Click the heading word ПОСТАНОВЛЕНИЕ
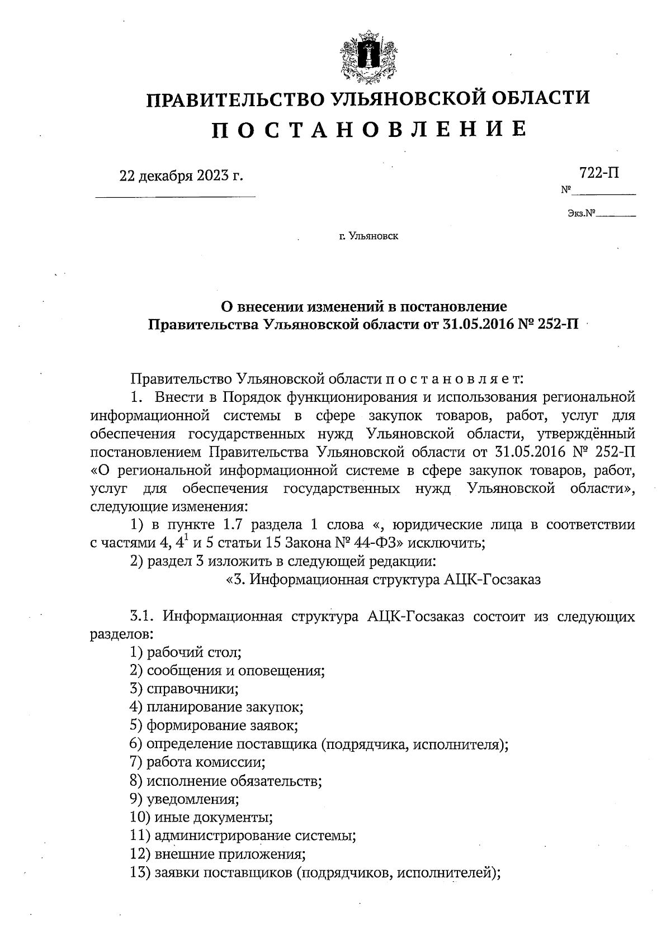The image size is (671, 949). coord(368,130)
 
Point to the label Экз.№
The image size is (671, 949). coord(580,213)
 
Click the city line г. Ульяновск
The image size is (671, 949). coord(368,237)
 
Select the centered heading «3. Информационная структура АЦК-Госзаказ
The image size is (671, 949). coord(383,580)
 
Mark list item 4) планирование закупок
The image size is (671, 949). coord(216,708)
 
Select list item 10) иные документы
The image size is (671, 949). coord(201,818)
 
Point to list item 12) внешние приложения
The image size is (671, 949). coord(217,854)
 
